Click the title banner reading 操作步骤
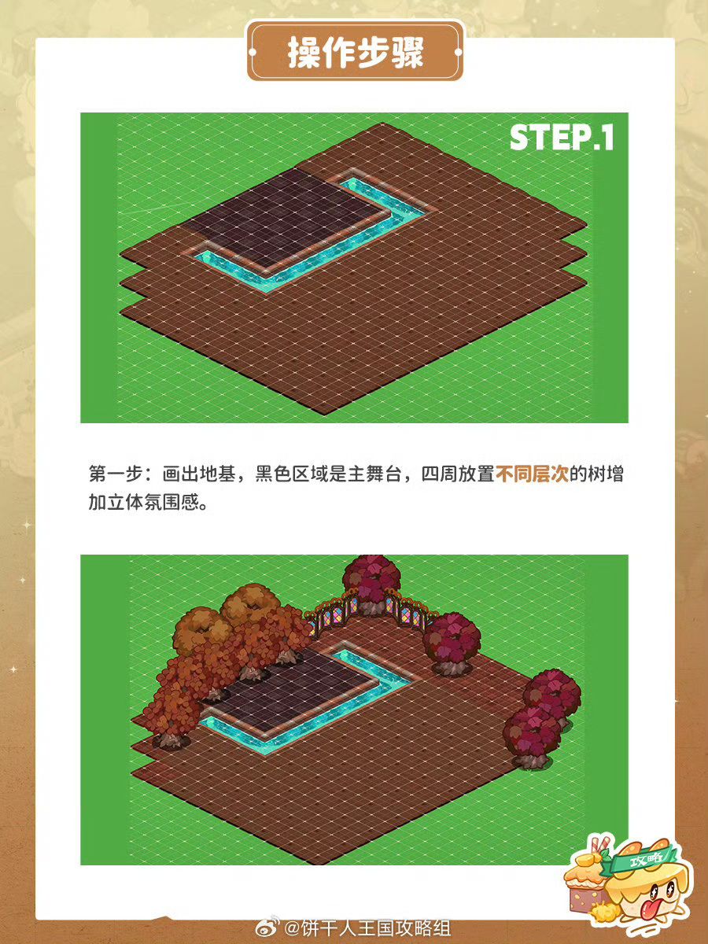coord(355,52)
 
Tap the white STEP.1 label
coord(562,138)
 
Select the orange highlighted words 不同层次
coord(532,474)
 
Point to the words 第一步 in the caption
coord(116,474)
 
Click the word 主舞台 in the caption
coord(375,474)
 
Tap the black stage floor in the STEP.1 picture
coord(284,215)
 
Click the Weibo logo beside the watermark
coord(267,929)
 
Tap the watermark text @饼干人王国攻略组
coord(367,929)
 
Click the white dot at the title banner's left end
coord(253,52)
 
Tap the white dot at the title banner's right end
coord(459,52)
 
